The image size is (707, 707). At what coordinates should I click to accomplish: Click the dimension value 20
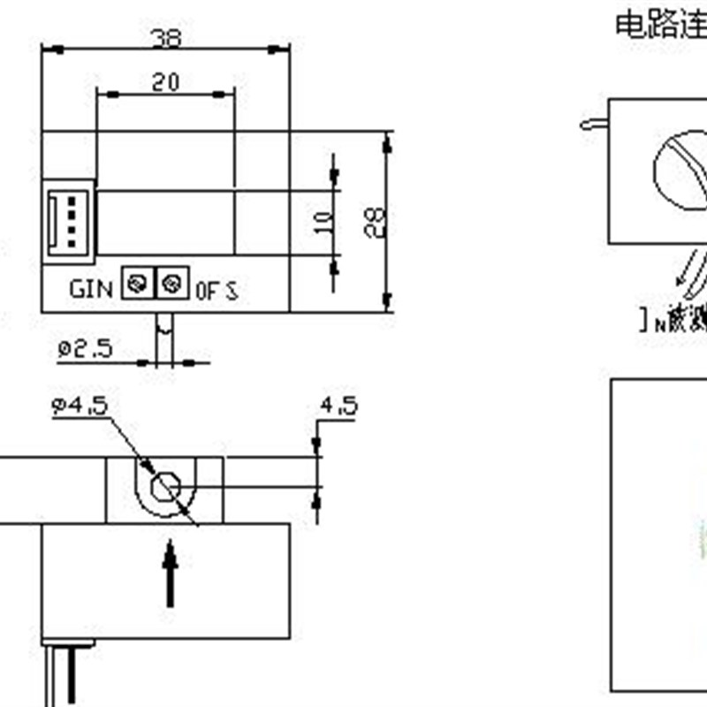(164, 82)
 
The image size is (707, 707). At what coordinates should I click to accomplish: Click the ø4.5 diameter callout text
(80, 406)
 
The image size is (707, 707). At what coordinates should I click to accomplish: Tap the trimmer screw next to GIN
(136, 284)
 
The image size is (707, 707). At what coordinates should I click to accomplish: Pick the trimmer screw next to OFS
(171, 284)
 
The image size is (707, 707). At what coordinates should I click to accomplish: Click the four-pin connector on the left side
(68, 222)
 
